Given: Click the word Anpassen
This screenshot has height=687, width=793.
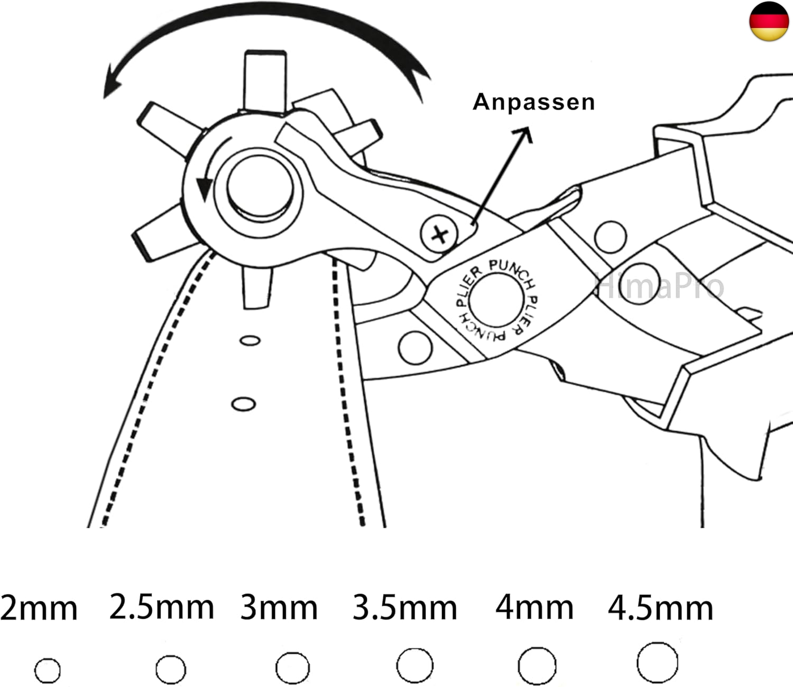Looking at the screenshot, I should pos(533,102).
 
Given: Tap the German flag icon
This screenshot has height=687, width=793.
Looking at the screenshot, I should pos(769,21).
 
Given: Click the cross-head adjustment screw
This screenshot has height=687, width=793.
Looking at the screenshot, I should pos(439,234).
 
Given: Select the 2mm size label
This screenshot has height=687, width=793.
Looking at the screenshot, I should pos(39,609).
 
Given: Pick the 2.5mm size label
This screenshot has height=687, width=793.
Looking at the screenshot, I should pos(161,607).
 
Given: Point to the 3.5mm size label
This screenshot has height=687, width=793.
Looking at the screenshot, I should pos(404,608).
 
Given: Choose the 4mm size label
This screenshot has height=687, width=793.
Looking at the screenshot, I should pos(534,608).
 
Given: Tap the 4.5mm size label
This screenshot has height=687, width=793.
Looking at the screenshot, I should pos(660,609).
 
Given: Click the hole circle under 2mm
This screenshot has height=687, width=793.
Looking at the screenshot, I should pos(48,671).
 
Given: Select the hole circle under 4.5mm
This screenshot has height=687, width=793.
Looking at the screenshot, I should pos(657,663).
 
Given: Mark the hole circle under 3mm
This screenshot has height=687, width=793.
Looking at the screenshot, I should pos(292,668).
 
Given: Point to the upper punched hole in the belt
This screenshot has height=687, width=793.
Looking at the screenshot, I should pos(250,340).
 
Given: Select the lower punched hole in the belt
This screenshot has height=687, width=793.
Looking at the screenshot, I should pos(244,404).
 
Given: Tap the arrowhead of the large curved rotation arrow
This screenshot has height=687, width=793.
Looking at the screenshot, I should pos(112,83).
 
